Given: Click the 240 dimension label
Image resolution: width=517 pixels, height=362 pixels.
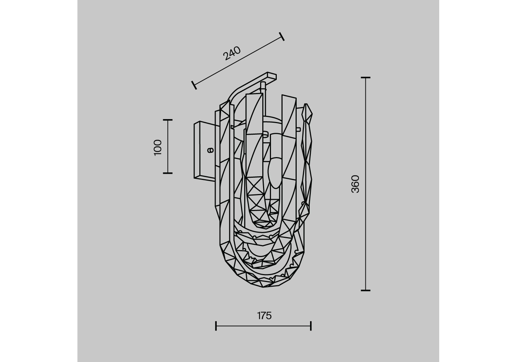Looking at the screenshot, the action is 232,53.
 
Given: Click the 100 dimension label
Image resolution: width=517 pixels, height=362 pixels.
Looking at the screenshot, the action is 158,148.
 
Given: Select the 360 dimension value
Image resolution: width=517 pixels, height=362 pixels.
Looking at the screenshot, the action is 355,184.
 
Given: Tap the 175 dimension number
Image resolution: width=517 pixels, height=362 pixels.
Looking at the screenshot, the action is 264,316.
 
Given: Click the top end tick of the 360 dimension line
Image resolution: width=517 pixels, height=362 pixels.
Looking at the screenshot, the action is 366,77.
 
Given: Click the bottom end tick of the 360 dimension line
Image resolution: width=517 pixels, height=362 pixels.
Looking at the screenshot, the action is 366,290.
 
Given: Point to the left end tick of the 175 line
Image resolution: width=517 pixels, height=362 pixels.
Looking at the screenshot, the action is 216,326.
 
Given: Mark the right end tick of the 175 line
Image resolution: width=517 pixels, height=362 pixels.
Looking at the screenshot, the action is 311,326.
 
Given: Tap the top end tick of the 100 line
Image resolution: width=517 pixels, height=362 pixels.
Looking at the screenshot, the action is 168,120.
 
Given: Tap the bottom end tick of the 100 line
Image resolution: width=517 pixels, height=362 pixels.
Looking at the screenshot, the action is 168,173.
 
